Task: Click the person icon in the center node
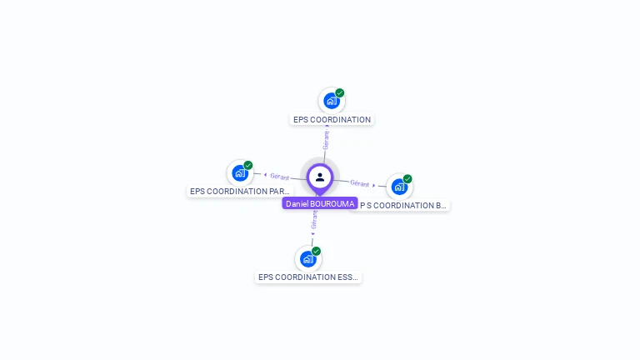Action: pos(320,177)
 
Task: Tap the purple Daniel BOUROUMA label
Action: pos(320,203)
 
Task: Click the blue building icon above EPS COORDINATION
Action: pos(332,101)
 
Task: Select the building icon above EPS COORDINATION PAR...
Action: pos(240,173)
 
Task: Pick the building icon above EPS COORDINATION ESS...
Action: pos(308,259)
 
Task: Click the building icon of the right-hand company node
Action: pos(399,187)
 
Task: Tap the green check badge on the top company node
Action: pos(340,93)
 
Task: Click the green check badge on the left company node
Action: pos(248,165)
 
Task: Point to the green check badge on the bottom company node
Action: pos(317,251)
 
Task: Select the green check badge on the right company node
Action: pos(407,178)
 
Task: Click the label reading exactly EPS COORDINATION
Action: pos(332,120)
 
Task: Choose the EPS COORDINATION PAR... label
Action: pos(240,192)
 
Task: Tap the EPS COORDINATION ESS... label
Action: pos(308,277)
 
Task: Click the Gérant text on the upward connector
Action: pos(326,140)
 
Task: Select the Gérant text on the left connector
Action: pos(279,177)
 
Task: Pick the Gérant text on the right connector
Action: pos(360,183)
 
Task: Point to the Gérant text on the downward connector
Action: pos(314,220)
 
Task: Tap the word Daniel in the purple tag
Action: pos(297,203)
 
